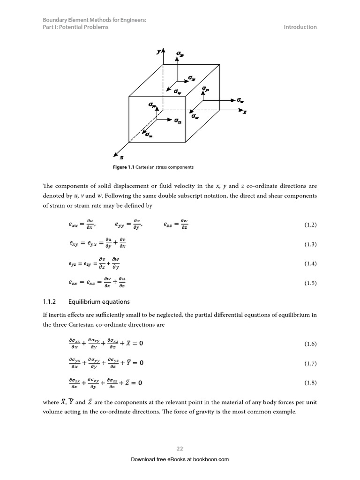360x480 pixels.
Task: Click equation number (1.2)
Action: pos(310,225)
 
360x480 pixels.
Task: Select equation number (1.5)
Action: pos(310,283)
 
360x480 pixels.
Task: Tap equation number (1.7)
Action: pos(310,363)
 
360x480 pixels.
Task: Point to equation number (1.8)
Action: pos(310,382)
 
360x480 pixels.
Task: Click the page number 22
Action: pos(180,449)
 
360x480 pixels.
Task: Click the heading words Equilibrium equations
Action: pos(99,302)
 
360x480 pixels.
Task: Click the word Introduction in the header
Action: pos(300,27)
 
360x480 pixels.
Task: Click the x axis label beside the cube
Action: pos(244,112)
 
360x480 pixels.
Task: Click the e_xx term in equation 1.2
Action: pos(74,225)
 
